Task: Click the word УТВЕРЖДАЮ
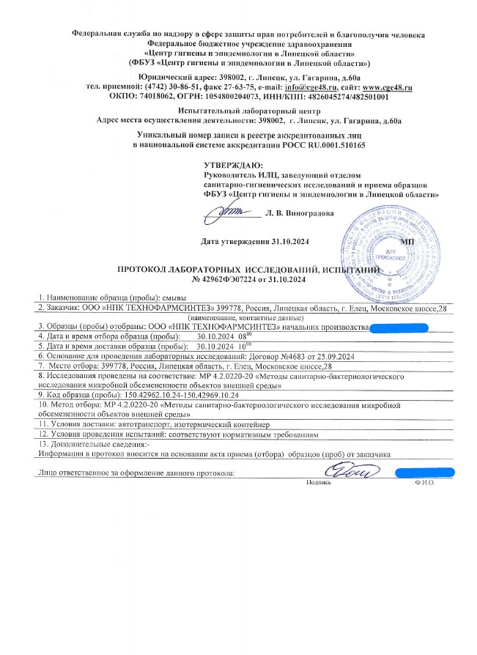coord(233,166)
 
